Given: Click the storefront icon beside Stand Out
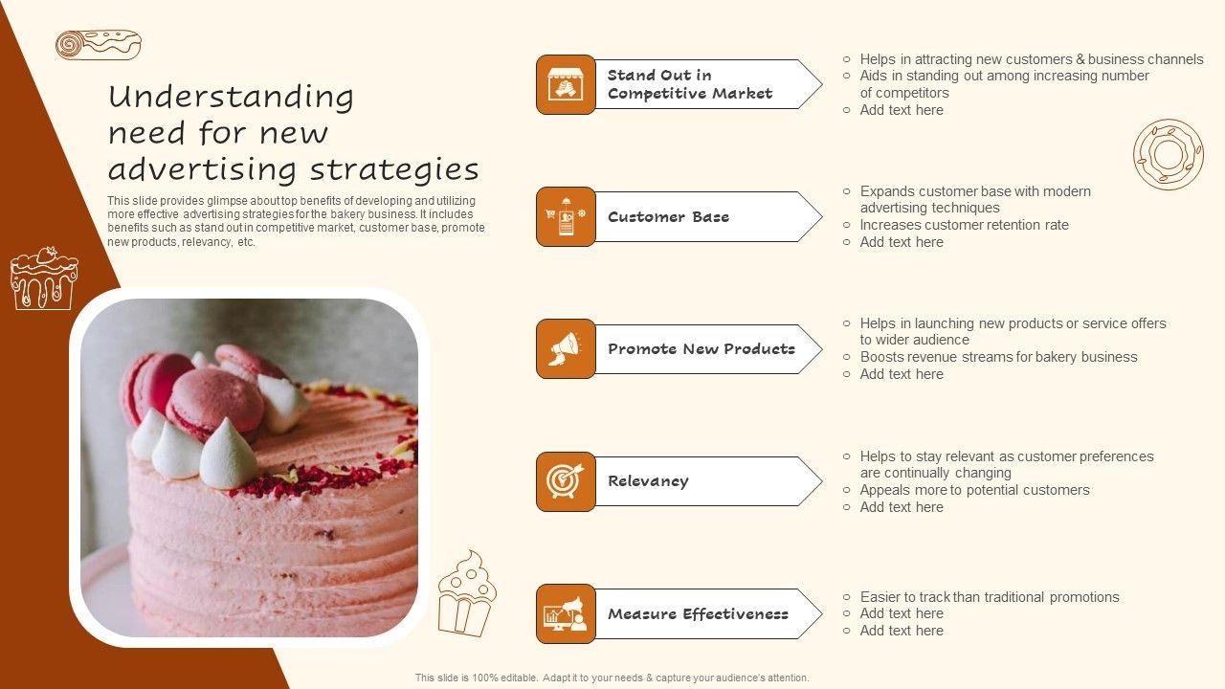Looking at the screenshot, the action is point(566,84).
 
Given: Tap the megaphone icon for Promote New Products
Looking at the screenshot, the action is point(565,349).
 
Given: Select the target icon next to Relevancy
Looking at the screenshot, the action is point(565,481).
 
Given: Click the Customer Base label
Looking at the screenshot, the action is point(668,217).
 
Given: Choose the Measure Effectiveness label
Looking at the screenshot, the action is point(698,614).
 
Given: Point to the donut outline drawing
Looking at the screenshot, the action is point(1169,155).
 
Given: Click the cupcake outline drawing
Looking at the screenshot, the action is point(467,593).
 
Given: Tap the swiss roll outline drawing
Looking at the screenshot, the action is point(99,44).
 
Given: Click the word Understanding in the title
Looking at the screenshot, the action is point(231,98).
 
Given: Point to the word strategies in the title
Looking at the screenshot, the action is point(394,169).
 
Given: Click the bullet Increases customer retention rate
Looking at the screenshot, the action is point(964,225).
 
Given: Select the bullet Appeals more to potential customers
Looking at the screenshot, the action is point(974,490).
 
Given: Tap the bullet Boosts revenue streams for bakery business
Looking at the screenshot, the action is point(998,357).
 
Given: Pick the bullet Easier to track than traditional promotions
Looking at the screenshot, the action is point(990,596).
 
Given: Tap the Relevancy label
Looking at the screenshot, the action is point(648,481).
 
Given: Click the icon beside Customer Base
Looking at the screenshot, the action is point(566,216).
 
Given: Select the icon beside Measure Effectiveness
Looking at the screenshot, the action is point(565,613).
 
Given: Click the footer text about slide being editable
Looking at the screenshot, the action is point(612,678).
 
